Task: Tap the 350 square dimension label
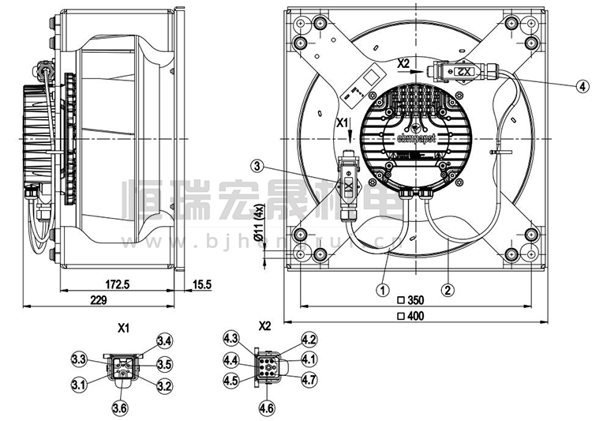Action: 415,301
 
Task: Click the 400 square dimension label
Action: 415,317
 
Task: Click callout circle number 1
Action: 382,290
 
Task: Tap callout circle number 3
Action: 258,165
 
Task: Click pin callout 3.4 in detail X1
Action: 164,341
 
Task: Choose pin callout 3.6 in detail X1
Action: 120,408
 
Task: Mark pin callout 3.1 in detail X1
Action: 79,385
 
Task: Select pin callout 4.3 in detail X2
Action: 230,339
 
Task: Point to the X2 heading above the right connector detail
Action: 264,325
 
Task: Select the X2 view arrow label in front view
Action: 403,62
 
